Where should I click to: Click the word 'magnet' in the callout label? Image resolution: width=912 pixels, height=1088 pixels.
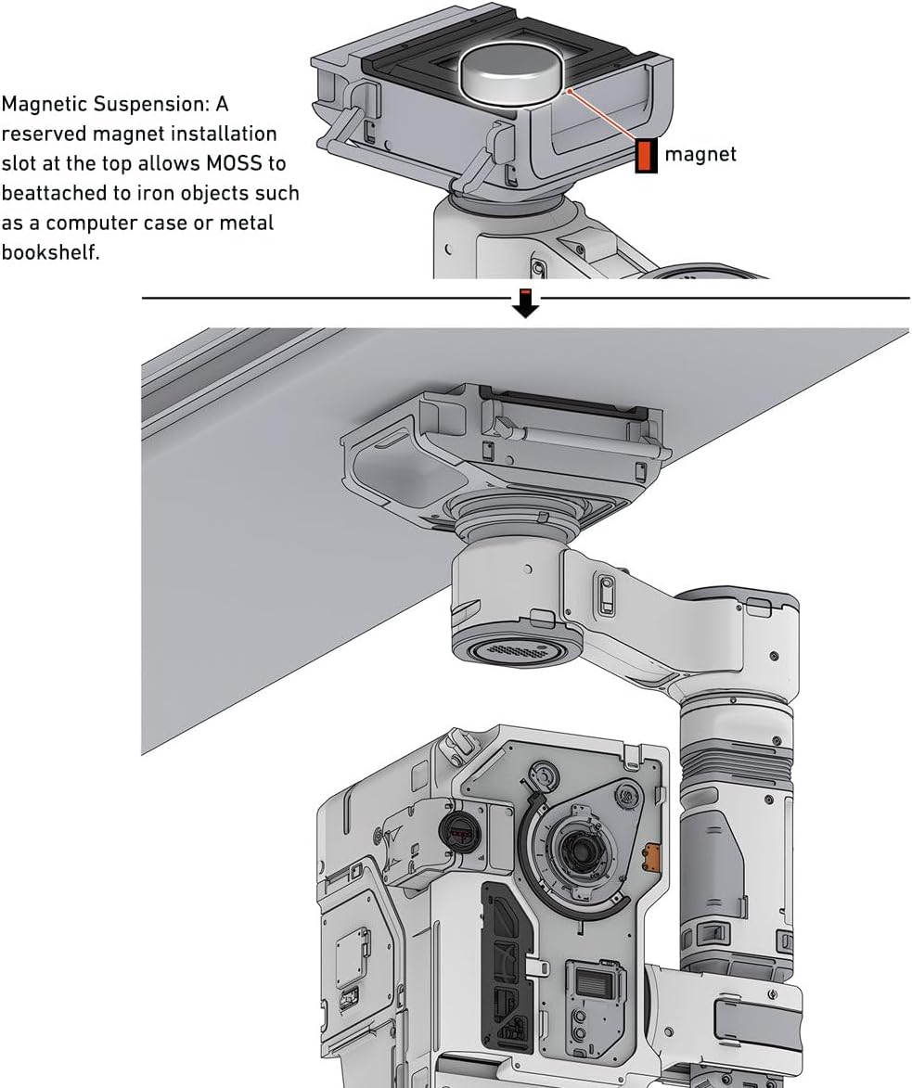click(700, 154)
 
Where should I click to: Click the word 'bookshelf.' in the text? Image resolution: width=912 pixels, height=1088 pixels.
click(50, 252)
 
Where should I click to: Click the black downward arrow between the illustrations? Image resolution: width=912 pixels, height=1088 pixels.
click(526, 304)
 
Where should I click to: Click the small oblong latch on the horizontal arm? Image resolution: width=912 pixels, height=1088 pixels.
click(606, 594)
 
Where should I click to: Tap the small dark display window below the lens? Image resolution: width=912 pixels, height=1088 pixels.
click(591, 979)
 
